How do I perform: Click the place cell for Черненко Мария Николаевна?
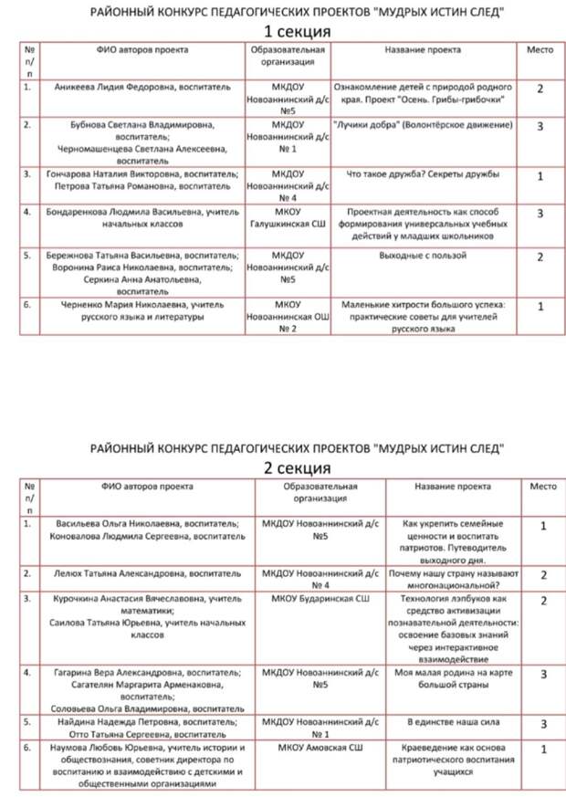[x=541, y=307]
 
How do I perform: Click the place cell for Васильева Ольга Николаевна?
[x=543, y=526]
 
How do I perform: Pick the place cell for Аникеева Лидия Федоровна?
[x=541, y=89]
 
